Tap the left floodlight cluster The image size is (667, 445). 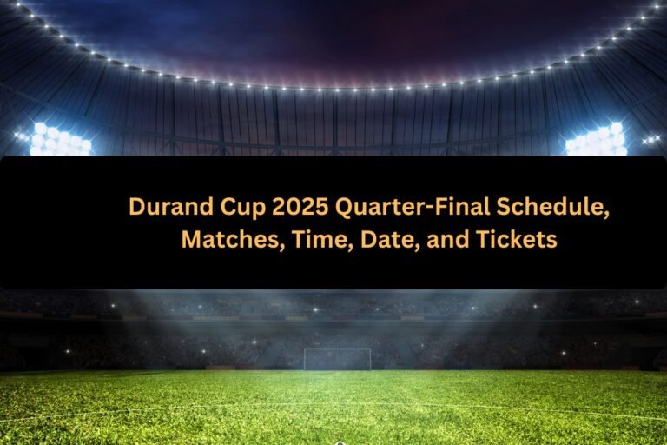click(x=59, y=139)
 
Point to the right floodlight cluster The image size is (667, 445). click(x=597, y=140)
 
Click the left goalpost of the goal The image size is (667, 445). click(x=305, y=359)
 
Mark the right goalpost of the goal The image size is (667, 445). click(x=370, y=359)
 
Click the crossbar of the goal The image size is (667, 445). click(x=337, y=349)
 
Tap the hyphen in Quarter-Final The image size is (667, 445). click(x=407, y=209)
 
